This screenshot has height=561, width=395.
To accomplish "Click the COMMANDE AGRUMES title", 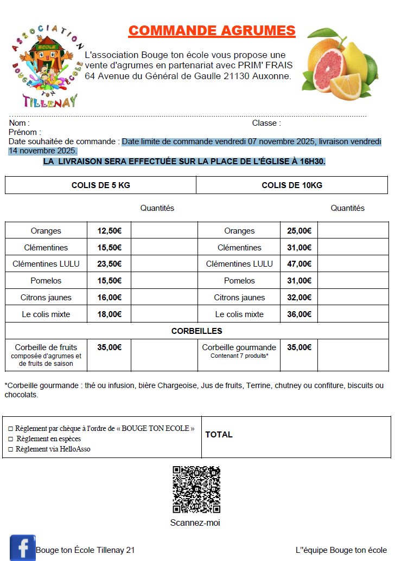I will (x=212, y=31).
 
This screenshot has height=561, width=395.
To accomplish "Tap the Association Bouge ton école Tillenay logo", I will (x=48, y=65).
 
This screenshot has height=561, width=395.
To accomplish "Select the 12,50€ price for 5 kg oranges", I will (x=109, y=231).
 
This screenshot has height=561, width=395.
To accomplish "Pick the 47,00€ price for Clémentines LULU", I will (x=299, y=264).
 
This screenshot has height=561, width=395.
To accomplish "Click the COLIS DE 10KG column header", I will (x=292, y=185).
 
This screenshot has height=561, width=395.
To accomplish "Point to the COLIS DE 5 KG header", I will (x=100, y=185).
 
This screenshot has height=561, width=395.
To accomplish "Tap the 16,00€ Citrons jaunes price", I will (x=109, y=298).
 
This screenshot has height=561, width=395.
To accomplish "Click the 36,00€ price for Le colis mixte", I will (x=299, y=314).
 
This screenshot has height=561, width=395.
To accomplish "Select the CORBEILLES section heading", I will (x=196, y=331).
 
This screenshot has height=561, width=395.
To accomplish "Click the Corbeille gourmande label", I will (x=239, y=347).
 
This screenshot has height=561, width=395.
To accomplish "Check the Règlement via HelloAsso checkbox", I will (x=10, y=450).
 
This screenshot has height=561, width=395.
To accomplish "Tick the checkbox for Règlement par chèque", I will (x=10, y=429).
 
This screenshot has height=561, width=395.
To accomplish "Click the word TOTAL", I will (x=219, y=435).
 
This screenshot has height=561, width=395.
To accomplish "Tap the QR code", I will (x=196, y=489).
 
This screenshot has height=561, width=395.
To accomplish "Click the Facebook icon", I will (x=23, y=548).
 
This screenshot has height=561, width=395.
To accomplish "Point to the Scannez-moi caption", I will (x=195, y=523).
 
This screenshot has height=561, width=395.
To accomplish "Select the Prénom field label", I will (x=25, y=132).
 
